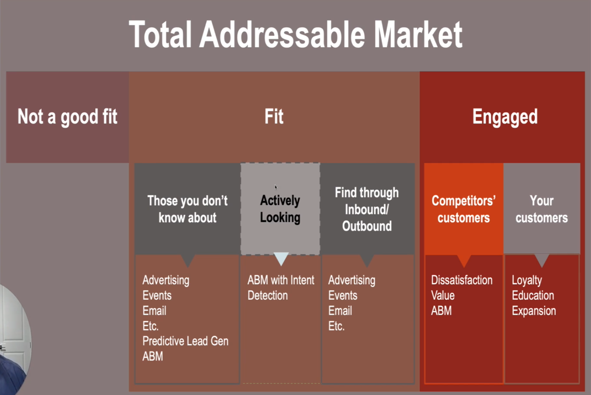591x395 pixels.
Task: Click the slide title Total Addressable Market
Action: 295,34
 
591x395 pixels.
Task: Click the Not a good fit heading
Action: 67,117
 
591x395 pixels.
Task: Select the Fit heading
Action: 274,116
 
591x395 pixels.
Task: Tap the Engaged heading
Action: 505,117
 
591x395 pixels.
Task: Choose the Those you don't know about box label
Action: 187,209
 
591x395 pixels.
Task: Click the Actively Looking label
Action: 280,209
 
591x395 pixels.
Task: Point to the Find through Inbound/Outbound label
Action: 367,209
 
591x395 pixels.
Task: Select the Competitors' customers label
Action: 463,209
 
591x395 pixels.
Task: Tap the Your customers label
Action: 541,209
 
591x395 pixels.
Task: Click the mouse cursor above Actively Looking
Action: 276,187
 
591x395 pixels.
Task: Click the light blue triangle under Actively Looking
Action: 281,258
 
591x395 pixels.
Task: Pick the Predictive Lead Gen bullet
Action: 186,341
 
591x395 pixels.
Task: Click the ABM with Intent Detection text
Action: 281,288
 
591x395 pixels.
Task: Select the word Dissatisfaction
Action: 462,280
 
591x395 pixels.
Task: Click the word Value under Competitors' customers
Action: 443,295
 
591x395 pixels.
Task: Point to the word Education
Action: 533,295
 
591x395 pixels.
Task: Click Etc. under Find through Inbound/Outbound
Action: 337,326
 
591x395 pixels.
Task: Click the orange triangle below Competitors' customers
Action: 464,260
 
